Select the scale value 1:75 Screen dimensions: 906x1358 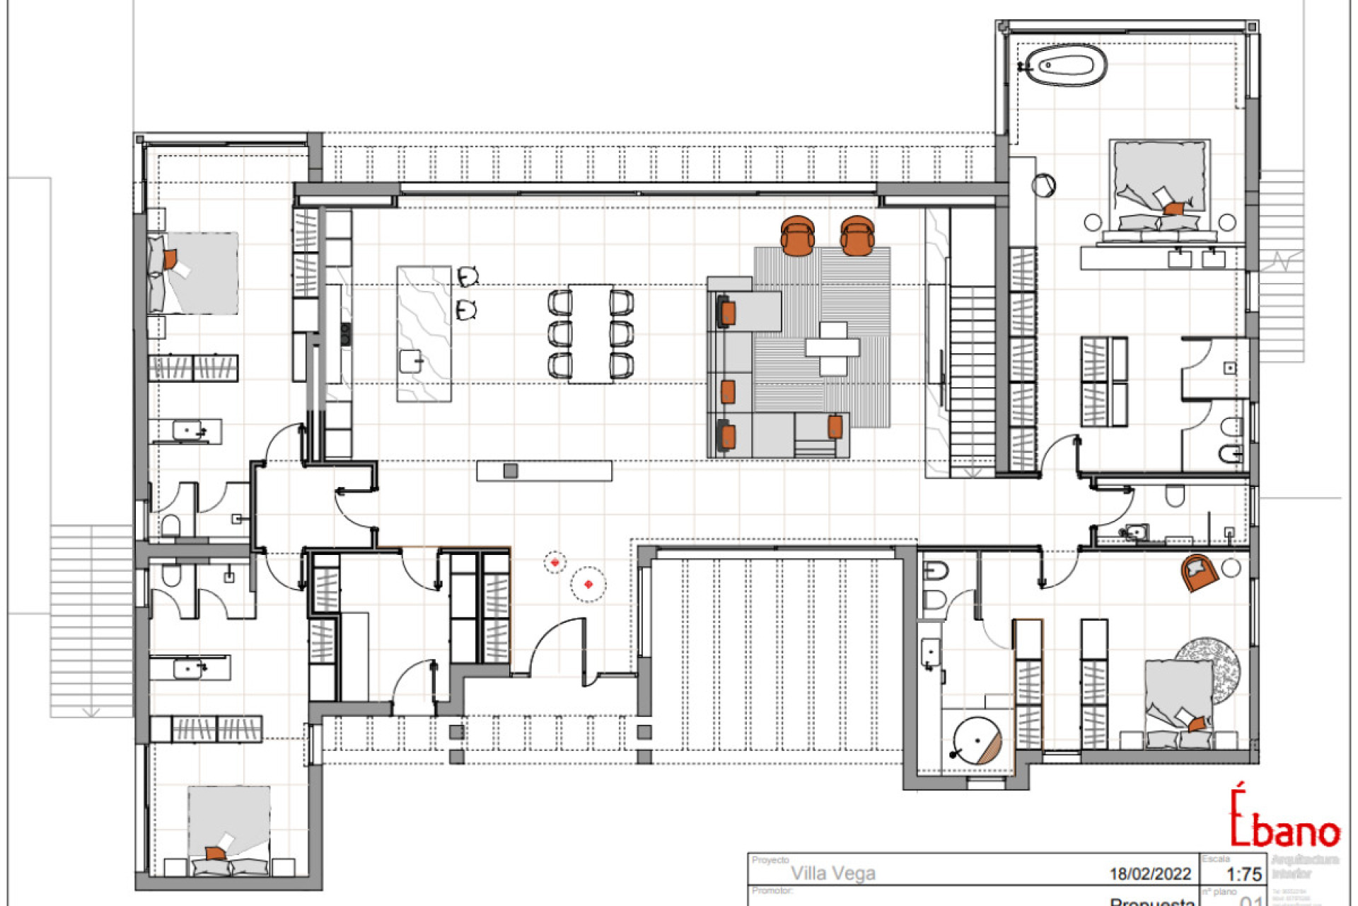point(1243,874)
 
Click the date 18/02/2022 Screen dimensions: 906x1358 point(1150,874)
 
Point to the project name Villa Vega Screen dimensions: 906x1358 point(832,873)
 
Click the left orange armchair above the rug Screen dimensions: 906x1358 point(798,234)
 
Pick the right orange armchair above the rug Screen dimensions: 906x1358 point(857,234)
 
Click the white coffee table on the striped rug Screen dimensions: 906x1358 point(833,348)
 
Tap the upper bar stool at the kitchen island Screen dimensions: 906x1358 point(468,276)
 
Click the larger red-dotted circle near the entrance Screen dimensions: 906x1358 point(588,584)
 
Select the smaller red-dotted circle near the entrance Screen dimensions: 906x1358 point(555,563)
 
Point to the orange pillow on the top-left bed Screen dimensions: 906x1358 point(170,259)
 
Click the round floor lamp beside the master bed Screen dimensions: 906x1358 point(1043,185)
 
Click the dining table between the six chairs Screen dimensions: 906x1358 point(591,333)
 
